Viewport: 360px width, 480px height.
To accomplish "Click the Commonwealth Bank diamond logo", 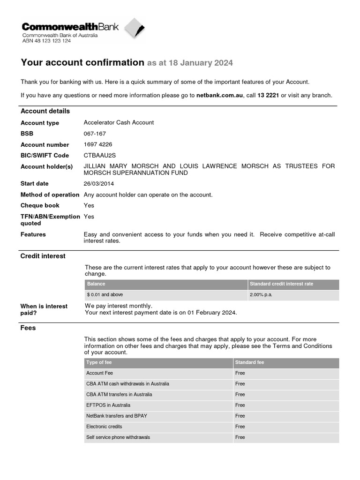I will pos(134,30).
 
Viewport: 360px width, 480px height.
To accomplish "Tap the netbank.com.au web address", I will pos(219,95).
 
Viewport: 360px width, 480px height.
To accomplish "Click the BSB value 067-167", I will pos(94,134).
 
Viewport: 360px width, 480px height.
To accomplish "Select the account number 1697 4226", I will pos(97,144).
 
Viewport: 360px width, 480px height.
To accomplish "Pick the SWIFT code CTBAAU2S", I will pos(99,155).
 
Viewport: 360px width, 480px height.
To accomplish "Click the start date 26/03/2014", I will pos(99,183).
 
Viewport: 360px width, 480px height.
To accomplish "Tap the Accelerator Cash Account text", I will pos(119,122).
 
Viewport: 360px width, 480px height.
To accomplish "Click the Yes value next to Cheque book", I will pos(89,205).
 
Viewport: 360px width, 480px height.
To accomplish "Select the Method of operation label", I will pos(50,195).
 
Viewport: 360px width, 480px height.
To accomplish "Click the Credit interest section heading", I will pos(43,256).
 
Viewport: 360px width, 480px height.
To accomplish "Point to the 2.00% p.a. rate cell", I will pos(261,295).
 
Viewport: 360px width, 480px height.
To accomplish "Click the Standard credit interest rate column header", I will pos(281,284).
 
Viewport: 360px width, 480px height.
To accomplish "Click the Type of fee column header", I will pos(99,362).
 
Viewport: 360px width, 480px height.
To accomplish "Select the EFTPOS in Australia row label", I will pos(108,405).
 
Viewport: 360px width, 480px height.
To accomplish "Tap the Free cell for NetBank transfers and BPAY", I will pos(240,416).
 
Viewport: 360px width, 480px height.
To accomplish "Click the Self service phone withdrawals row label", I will pos(118,437).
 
